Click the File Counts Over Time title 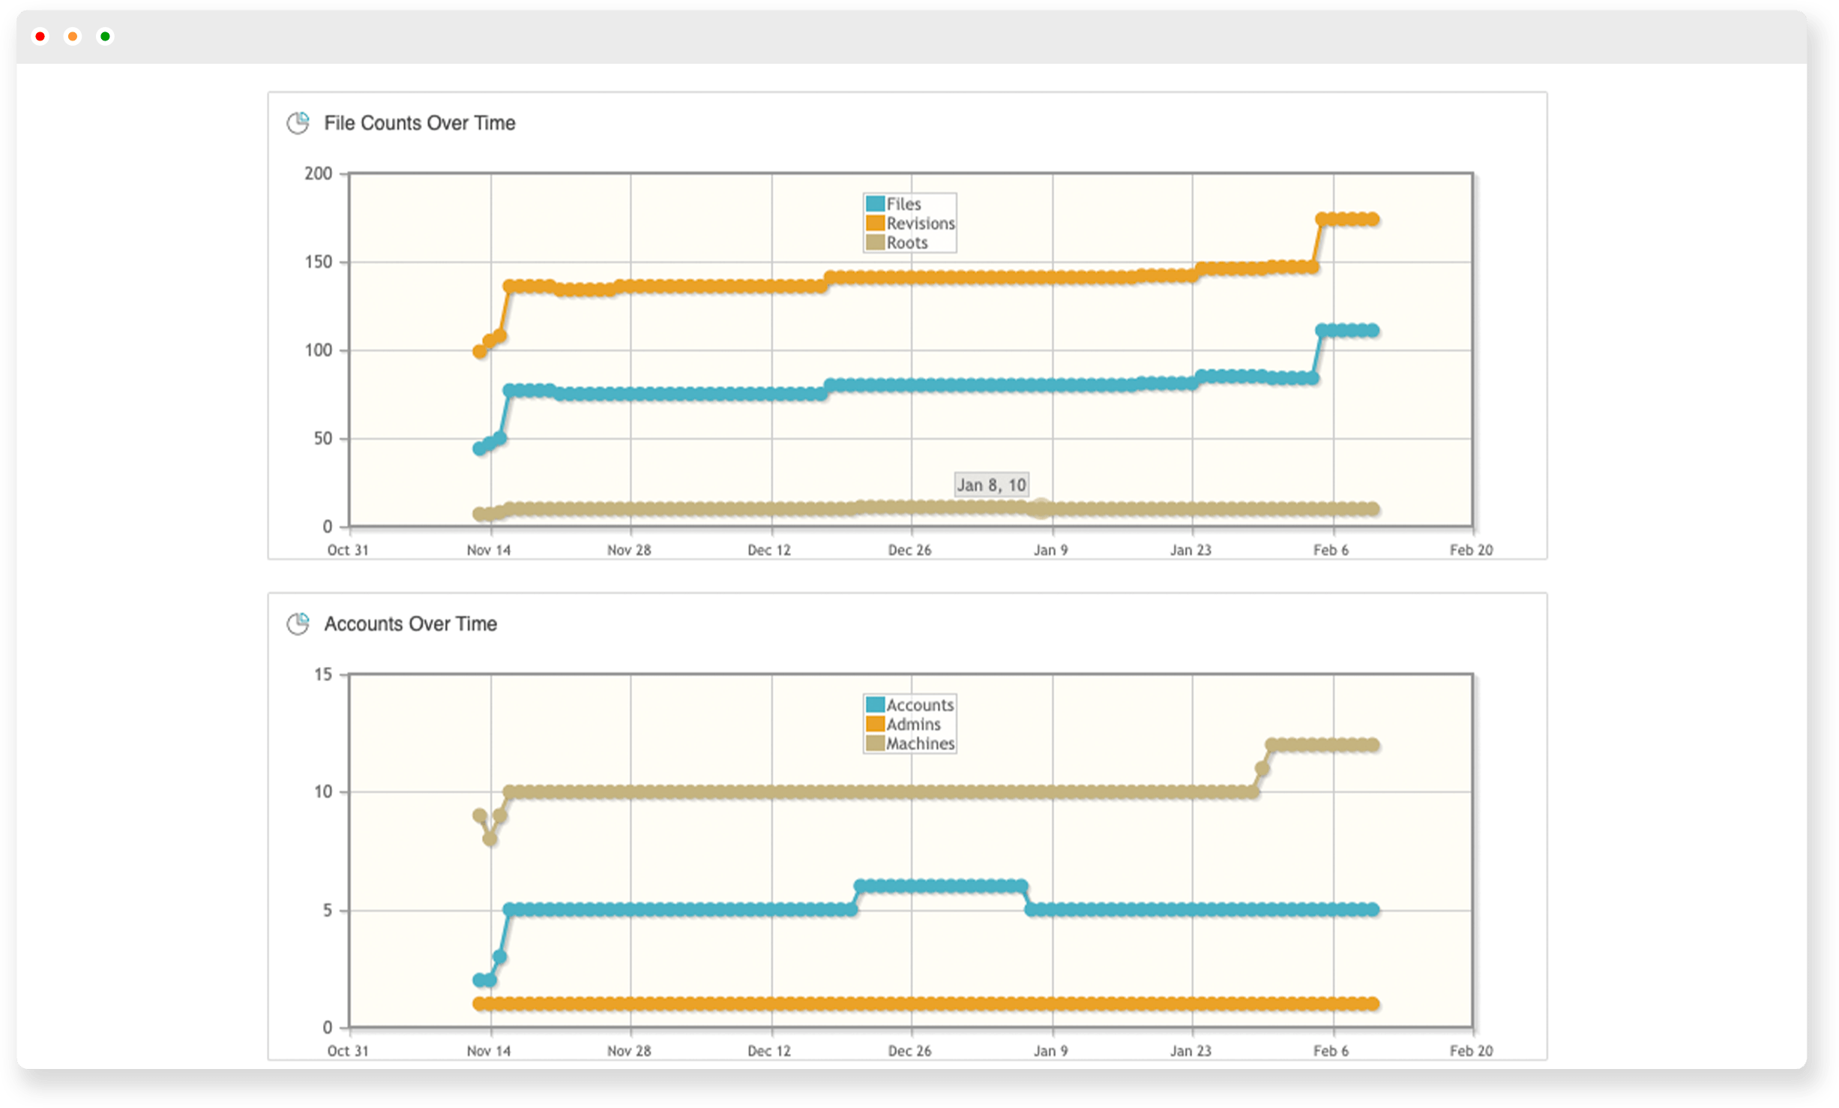pos(419,123)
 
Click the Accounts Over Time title pos(410,624)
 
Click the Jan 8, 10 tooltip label pos(991,485)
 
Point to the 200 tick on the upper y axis pos(318,174)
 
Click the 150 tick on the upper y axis pos(318,263)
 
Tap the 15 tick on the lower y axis pos(322,675)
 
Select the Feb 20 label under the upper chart pos(1471,551)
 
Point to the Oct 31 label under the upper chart pos(348,551)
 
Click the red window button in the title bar pos(40,37)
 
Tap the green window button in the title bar pos(106,37)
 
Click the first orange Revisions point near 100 pos(480,352)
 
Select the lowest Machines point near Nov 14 pos(490,839)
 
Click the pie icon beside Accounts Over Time pos(298,624)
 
